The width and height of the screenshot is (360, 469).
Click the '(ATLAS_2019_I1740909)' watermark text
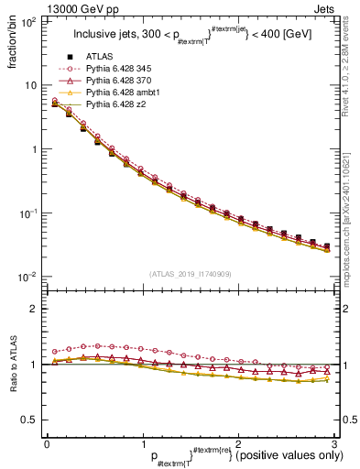coord(191,274)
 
